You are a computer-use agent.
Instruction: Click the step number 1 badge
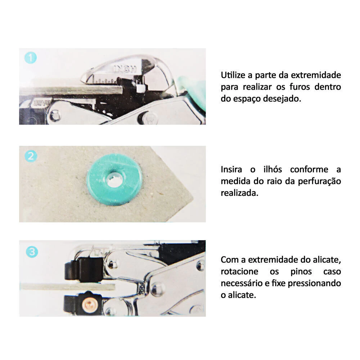pyautogui.click(x=31, y=58)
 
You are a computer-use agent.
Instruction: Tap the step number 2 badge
pyautogui.click(x=31, y=156)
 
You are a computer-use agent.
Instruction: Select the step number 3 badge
pyautogui.click(x=32, y=252)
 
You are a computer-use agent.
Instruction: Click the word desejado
pyautogui.click(x=282, y=99)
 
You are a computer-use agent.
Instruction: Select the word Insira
pyautogui.click(x=231, y=170)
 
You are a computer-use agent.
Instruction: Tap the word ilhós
pyautogui.click(x=273, y=170)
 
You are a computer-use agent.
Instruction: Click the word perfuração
pyautogui.click(x=319, y=181)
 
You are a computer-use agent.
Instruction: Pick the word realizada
pyautogui.click(x=239, y=193)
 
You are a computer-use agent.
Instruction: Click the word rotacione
pyautogui.click(x=239, y=271)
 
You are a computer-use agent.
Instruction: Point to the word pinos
pyautogui.click(x=301, y=271)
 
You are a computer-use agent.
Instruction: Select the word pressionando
pyautogui.click(x=314, y=283)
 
